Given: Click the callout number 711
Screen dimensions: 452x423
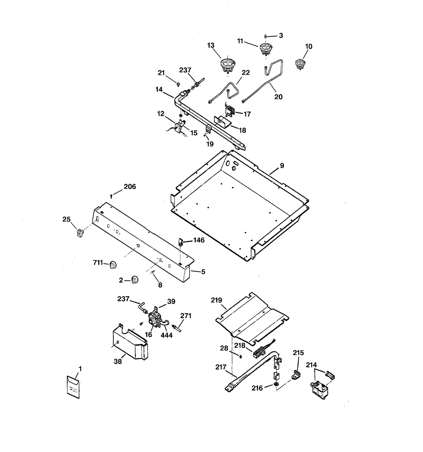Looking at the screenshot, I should tap(98, 262).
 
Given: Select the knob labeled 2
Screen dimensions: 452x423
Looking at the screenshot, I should tap(135, 280).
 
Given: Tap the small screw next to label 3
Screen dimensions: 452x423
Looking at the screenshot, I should tap(266, 36).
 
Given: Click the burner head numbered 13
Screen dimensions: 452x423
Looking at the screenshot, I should tap(228, 65).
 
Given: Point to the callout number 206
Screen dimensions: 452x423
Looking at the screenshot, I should tap(130, 187).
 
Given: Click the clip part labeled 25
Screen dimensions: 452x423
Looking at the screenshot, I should tap(80, 233).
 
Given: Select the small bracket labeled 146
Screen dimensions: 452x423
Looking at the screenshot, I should tap(181, 242).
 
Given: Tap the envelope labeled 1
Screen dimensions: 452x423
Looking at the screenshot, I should tap(73, 387).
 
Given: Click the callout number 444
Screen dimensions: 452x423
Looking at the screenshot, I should tap(167, 335).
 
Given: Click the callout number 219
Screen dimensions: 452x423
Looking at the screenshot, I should tap(217, 300).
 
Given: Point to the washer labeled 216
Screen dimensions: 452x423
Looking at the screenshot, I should tap(276, 384).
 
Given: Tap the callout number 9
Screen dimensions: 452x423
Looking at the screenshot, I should tap(282, 166).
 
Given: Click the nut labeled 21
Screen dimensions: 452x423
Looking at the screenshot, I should tap(178, 84).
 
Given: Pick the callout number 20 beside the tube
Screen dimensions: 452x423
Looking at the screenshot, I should tap(278, 97).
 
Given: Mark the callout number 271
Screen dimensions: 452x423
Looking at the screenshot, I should tap(186, 316).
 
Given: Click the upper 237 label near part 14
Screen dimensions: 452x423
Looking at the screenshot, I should tap(185, 70).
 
